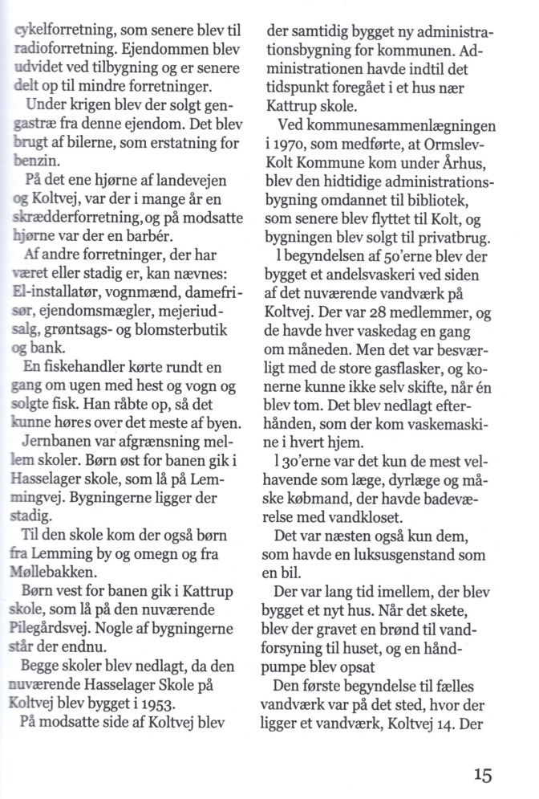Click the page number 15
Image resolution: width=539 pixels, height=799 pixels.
[x=482, y=776]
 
